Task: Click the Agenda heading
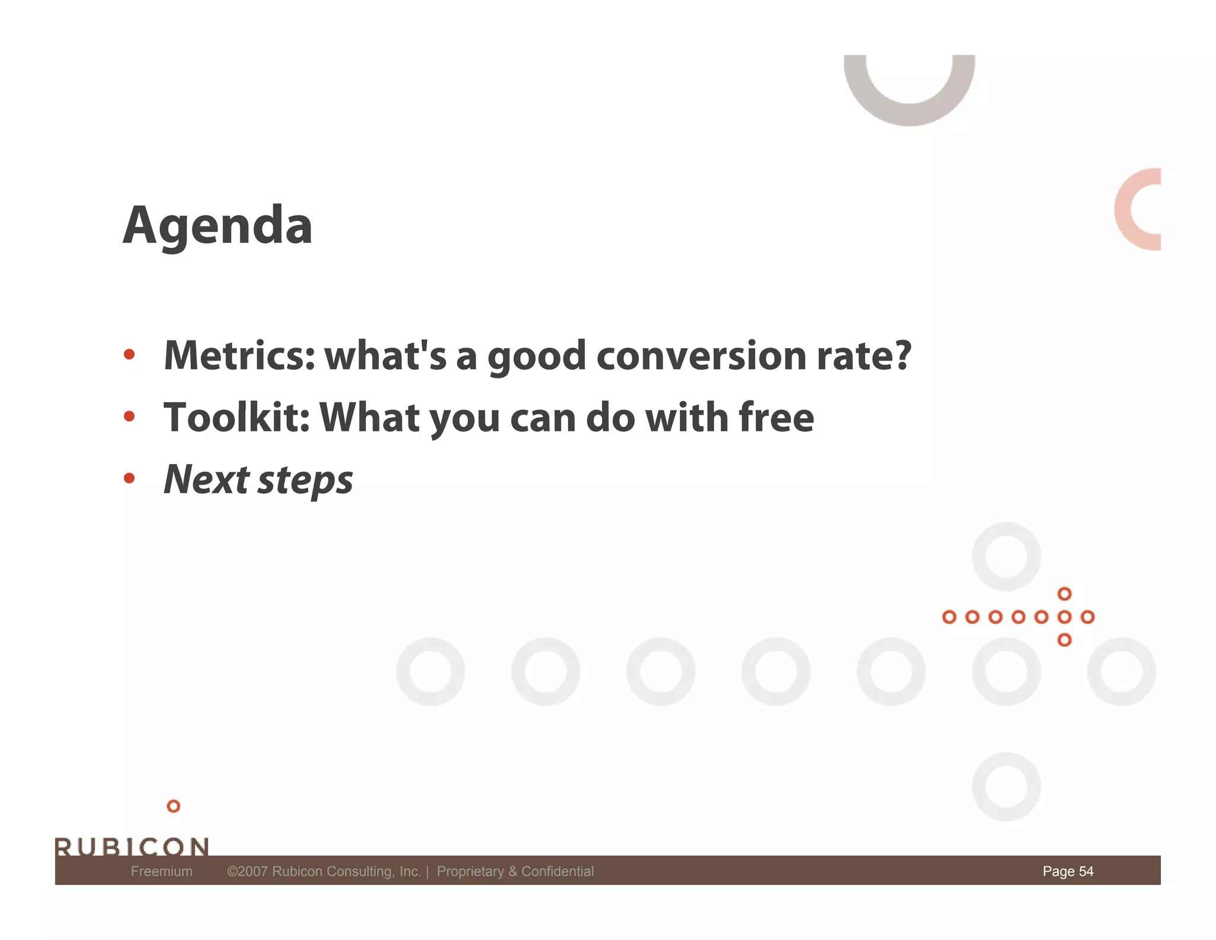(x=217, y=226)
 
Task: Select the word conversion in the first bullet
(x=701, y=356)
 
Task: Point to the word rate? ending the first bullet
(x=864, y=356)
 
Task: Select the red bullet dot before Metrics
(x=129, y=355)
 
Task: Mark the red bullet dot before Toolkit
(x=129, y=417)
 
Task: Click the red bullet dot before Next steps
(x=129, y=478)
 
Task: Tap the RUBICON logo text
(x=132, y=846)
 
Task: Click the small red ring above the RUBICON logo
(x=173, y=806)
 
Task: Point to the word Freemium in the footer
(x=161, y=872)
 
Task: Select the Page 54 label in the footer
(x=1068, y=872)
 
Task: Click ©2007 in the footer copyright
(x=247, y=872)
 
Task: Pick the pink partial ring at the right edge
(x=1128, y=209)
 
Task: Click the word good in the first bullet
(x=537, y=357)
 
